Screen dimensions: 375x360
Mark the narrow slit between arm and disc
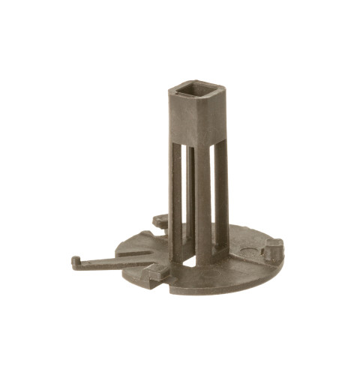tap(127, 256)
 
